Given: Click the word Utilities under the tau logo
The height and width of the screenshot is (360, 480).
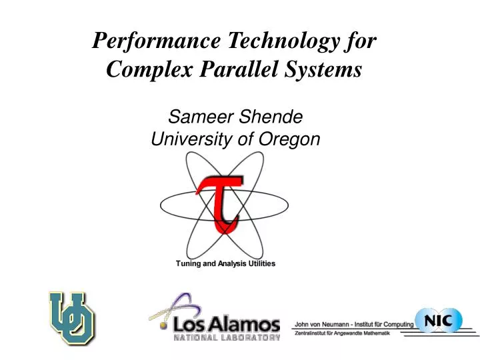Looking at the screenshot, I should tap(262, 264).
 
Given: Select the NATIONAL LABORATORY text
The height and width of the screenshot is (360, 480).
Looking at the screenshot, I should tap(227, 338).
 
